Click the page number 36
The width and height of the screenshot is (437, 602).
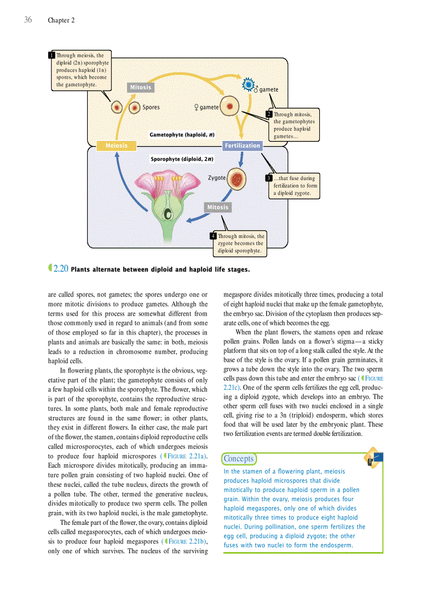[28, 20]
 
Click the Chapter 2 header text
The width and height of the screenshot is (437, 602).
[61, 20]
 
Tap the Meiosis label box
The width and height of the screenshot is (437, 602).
[116, 145]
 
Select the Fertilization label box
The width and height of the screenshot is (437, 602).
[242, 145]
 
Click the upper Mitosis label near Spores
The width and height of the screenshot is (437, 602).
[140, 87]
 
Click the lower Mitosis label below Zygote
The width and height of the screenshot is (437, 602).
[217, 207]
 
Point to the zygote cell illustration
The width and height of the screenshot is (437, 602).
[236, 180]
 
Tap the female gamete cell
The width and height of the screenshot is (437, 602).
[229, 106]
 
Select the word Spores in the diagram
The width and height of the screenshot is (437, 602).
[151, 107]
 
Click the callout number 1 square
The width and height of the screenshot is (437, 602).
[51, 55]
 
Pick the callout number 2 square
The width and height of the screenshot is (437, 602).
[269, 114]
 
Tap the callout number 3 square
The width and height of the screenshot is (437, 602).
[269, 178]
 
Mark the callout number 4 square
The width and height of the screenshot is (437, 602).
[213, 236]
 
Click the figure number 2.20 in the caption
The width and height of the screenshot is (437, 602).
[60, 269]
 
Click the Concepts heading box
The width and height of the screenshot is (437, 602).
[238, 459]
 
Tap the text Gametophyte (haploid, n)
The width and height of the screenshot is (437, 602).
[182, 135]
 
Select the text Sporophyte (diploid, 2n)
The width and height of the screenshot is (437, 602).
[182, 159]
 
